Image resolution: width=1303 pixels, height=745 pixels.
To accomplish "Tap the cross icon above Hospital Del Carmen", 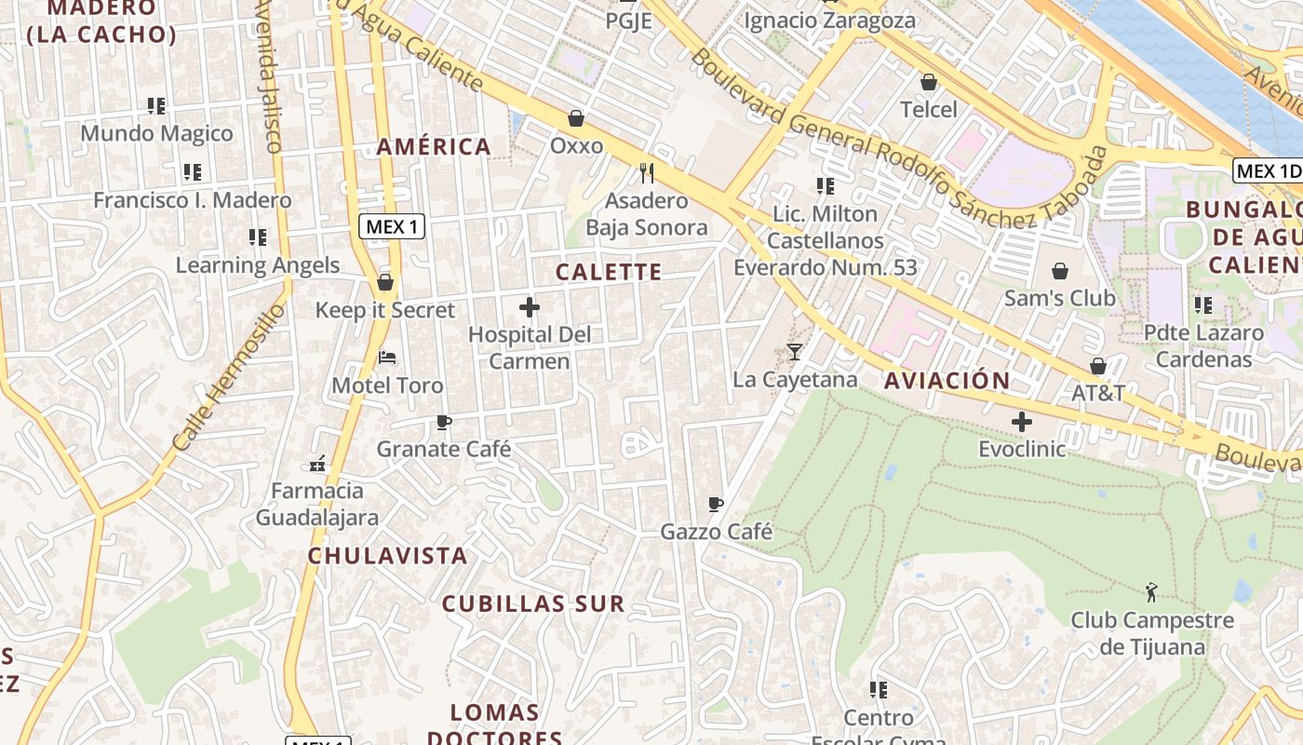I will (x=530, y=306).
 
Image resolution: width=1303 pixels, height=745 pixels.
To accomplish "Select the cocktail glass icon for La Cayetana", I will (x=794, y=351).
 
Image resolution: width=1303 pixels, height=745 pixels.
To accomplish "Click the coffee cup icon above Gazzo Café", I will (x=715, y=504).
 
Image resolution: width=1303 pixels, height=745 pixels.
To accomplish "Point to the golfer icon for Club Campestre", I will (x=1151, y=591).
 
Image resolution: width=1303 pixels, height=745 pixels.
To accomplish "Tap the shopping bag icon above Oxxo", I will (x=576, y=118).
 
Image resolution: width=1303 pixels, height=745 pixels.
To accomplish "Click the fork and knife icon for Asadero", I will (x=647, y=172).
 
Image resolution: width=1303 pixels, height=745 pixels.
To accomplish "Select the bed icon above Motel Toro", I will (x=387, y=357).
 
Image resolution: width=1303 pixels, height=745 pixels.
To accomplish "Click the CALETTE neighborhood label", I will (x=609, y=272).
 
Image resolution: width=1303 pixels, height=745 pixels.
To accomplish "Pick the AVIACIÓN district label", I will (x=947, y=380).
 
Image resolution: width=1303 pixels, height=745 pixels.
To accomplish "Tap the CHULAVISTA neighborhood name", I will (x=387, y=556).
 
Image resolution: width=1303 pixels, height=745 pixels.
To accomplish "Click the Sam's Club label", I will (x=1059, y=298).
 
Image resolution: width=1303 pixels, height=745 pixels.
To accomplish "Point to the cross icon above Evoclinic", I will (x=1021, y=422).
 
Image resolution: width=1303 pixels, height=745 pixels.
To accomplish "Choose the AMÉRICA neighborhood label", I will (x=434, y=146).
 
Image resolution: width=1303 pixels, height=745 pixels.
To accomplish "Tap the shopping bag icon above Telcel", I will (x=928, y=82).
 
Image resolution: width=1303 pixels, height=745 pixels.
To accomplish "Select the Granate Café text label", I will (x=443, y=449).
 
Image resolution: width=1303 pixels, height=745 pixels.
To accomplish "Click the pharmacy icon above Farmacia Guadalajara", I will (x=317, y=463).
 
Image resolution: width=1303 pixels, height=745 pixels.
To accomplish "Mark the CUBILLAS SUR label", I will (x=532, y=603).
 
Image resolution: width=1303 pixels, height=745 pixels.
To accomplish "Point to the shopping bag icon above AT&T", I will (x=1098, y=365).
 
